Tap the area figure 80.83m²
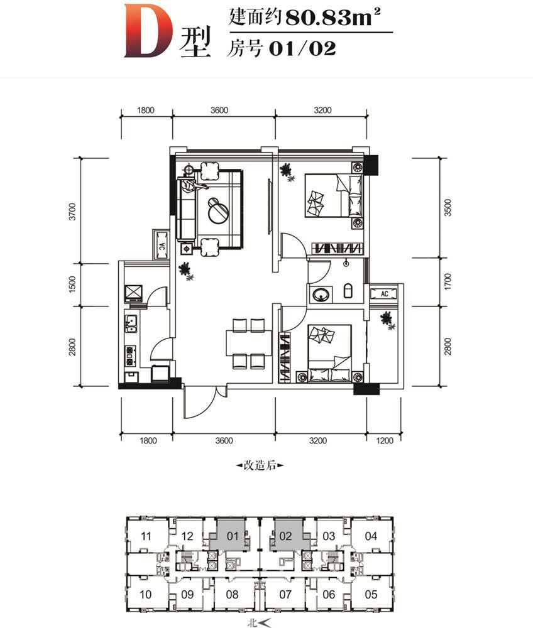click(x=332, y=18)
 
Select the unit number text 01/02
click(x=302, y=48)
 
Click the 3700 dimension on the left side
click(x=72, y=212)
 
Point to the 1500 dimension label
click(x=72, y=284)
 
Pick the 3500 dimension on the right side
click(x=448, y=208)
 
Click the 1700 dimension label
click(x=448, y=281)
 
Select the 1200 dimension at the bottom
click(x=385, y=441)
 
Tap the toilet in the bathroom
click(x=348, y=291)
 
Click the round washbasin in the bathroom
click(x=321, y=295)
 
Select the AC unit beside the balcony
click(x=384, y=293)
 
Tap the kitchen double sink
click(x=130, y=323)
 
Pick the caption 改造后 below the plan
click(x=260, y=465)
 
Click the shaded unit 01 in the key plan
click(x=230, y=534)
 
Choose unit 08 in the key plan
click(x=232, y=594)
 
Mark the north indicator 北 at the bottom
click(x=253, y=623)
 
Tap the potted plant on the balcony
click(x=388, y=320)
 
